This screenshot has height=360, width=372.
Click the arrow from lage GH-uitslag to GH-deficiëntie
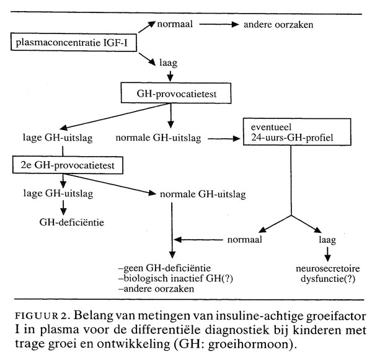[63, 208]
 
